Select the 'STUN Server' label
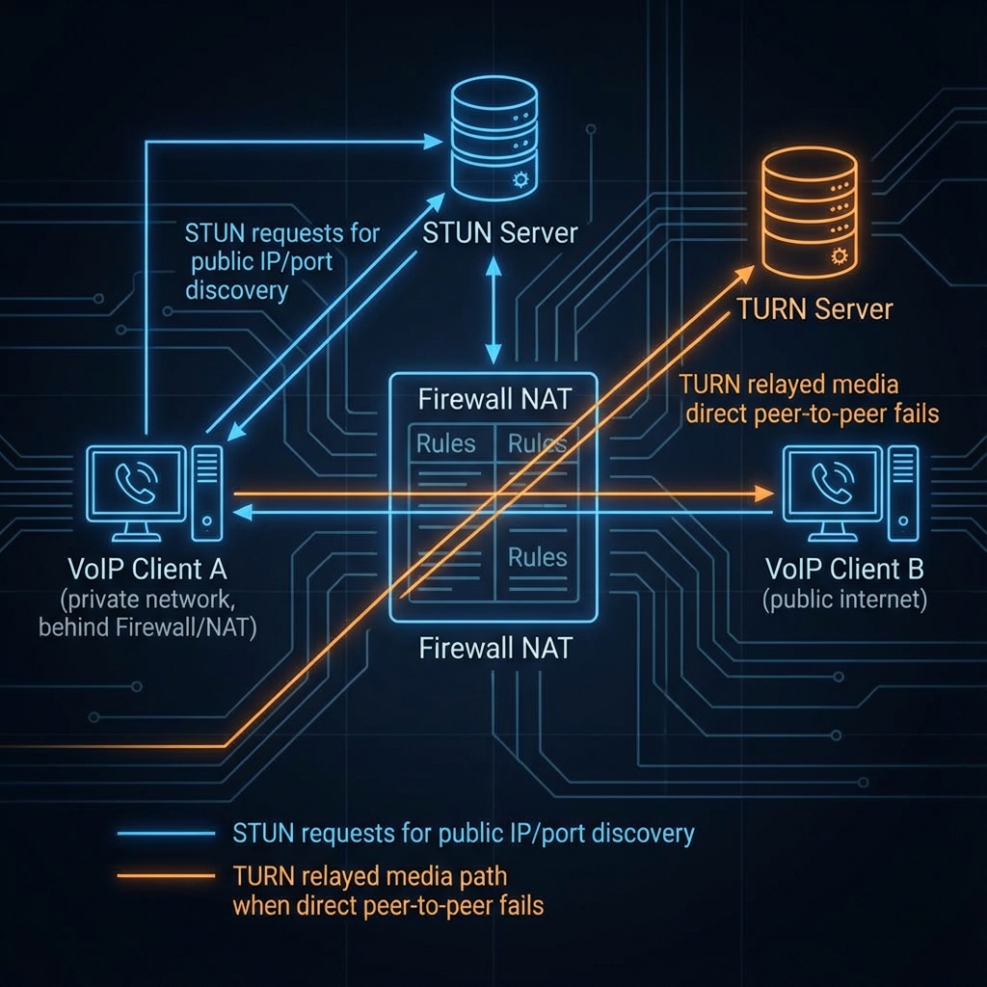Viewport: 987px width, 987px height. (501, 232)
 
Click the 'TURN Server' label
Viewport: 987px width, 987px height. (814, 309)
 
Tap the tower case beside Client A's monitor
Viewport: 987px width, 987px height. (206, 492)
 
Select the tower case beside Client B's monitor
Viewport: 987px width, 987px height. (902, 492)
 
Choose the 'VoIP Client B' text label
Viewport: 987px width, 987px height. (844, 569)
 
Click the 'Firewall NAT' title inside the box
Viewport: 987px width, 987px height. (493, 398)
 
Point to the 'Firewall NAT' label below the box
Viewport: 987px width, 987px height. (494, 648)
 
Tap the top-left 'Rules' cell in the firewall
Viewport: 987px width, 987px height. (445, 444)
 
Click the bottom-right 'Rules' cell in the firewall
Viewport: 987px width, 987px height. (538, 557)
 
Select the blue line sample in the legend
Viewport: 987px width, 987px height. (165, 833)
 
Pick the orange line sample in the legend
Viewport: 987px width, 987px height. (165, 876)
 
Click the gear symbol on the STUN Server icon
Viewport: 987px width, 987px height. (521, 178)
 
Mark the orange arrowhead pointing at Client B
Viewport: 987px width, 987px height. (765, 494)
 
